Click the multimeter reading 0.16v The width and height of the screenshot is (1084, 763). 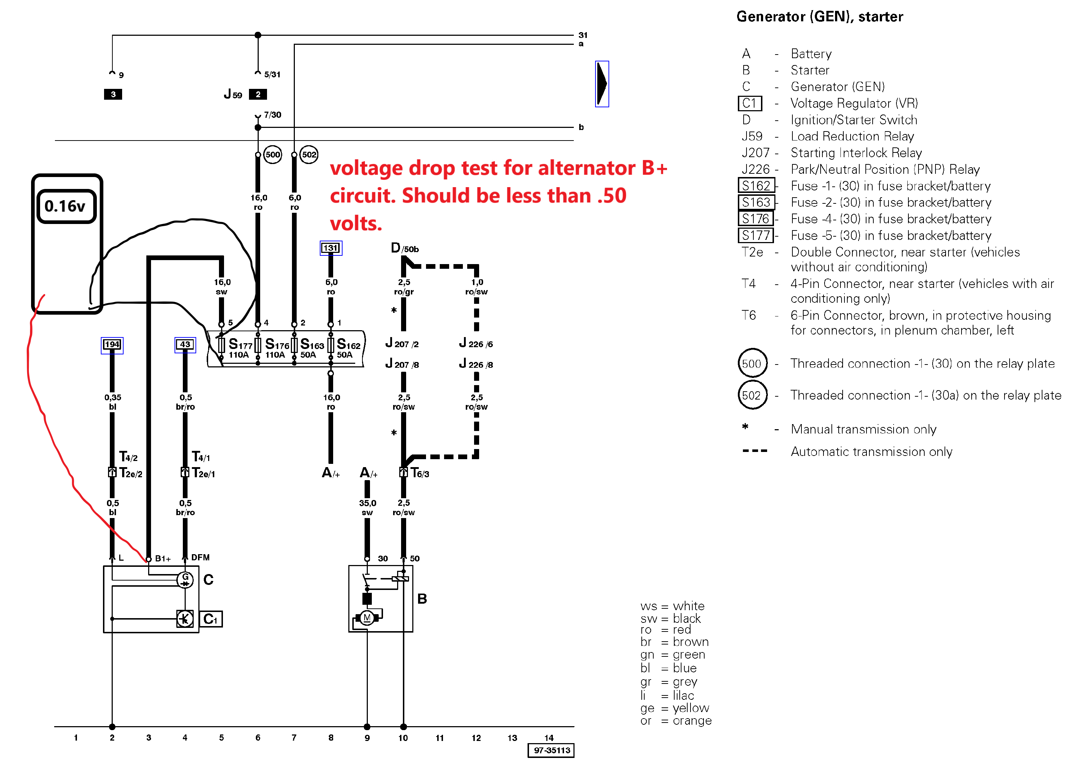click(66, 206)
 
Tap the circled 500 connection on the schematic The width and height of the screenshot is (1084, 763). click(272, 154)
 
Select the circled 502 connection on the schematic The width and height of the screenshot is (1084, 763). click(309, 154)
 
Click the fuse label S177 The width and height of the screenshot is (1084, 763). click(240, 345)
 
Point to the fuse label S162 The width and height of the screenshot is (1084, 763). click(348, 345)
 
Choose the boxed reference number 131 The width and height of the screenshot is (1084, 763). click(331, 248)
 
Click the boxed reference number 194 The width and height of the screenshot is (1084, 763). click(112, 345)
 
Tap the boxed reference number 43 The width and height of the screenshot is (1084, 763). click(185, 345)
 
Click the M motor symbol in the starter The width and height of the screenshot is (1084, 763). click(367, 617)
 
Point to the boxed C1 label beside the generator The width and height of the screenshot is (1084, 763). click(211, 619)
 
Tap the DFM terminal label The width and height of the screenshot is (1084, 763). click(200, 557)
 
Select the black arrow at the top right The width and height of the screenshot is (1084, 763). click(602, 83)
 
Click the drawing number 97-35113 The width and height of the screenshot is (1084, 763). click(551, 750)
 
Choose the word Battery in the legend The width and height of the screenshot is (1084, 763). click(811, 54)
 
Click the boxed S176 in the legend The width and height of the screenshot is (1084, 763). click(756, 219)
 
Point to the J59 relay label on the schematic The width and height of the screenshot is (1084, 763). click(233, 94)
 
